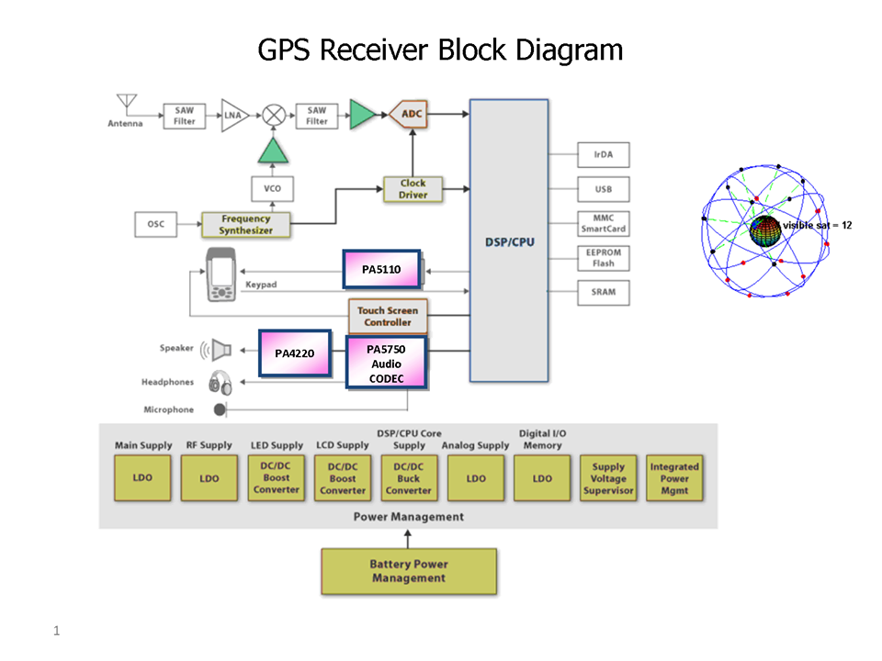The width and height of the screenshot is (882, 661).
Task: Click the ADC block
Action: (412, 115)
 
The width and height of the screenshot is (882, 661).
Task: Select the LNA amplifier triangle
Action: (233, 116)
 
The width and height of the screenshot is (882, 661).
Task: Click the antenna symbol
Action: (125, 102)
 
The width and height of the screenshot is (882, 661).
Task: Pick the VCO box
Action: (272, 189)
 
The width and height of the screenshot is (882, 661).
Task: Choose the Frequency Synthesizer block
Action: (245, 225)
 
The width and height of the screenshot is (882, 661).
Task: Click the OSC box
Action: (156, 224)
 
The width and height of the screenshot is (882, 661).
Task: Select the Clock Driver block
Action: (413, 189)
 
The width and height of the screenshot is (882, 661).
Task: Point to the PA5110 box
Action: (381, 269)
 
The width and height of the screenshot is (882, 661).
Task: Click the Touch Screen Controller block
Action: (387, 316)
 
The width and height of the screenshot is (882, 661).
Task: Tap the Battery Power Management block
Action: (409, 571)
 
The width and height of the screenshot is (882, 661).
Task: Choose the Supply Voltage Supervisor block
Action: (608, 478)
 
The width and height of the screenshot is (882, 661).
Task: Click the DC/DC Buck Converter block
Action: (409, 478)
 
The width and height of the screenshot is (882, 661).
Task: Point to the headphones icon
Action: (220, 382)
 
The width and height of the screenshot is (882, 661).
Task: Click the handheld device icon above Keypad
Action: (221, 274)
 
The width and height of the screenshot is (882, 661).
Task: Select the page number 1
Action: (56, 631)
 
